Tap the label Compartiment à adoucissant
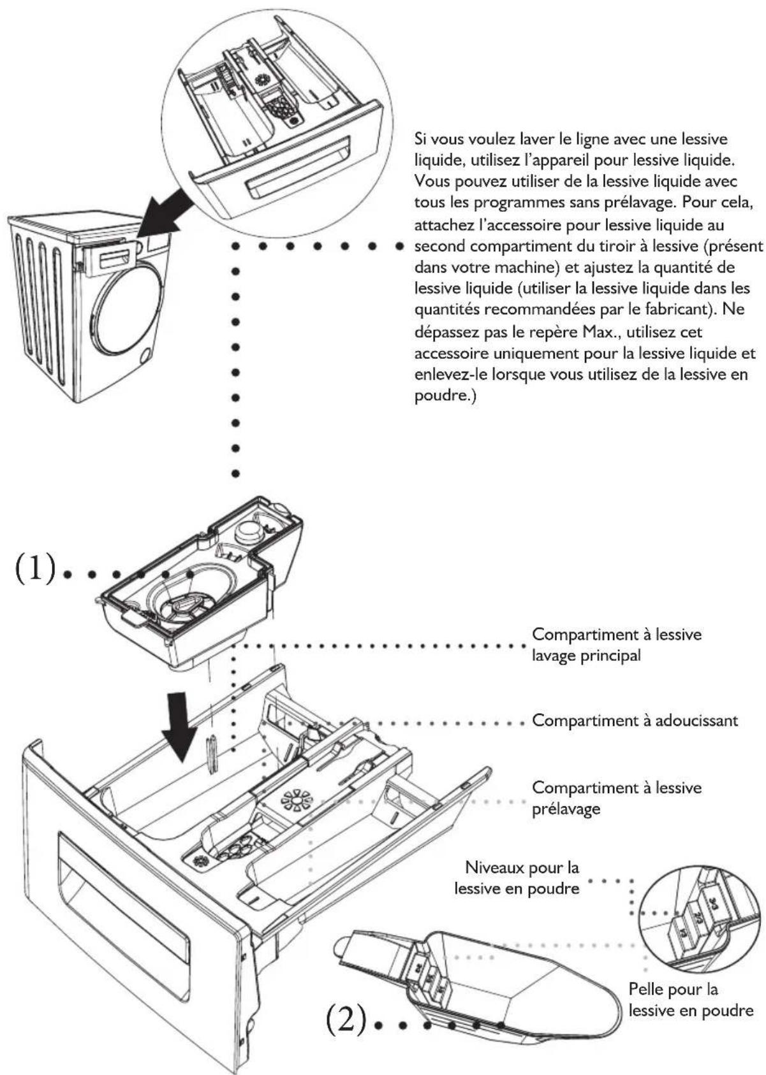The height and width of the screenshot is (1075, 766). pyautogui.click(x=635, y=721)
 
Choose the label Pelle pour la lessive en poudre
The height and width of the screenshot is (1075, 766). pyautogui.click(x=690, y=1000)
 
